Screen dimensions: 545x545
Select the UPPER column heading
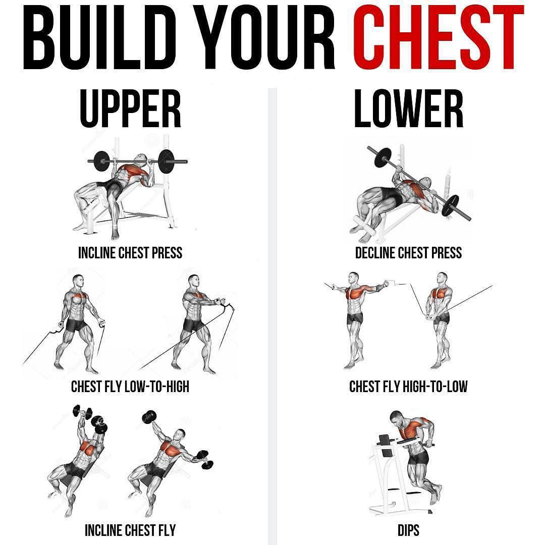click(x=130, y=108)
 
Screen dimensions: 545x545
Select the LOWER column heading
click(x=408, y=108)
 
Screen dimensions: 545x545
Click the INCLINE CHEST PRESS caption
click(x=130, y=253)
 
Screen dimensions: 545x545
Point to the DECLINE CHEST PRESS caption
click(x=408, y=253)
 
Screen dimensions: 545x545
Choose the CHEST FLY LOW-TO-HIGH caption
click(x=130, y=387)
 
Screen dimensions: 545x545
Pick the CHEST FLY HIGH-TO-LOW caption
click(x=408, y=387)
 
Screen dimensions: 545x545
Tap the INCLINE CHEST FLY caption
click(x=130, y=530)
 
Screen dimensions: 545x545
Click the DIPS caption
click(x=408, y=530)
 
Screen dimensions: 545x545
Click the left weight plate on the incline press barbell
click(x=101, y=161)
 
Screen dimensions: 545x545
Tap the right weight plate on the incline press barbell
click(x=166, y=161)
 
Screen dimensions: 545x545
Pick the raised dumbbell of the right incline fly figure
click(x=149, y=416)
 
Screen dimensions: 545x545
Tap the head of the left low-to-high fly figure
click(x=78, y=281)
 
